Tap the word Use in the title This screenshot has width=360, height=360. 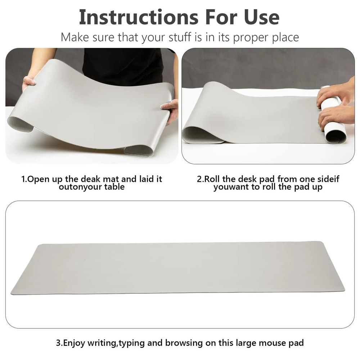click(258, 17)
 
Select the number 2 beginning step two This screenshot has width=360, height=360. click(199, 179)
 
